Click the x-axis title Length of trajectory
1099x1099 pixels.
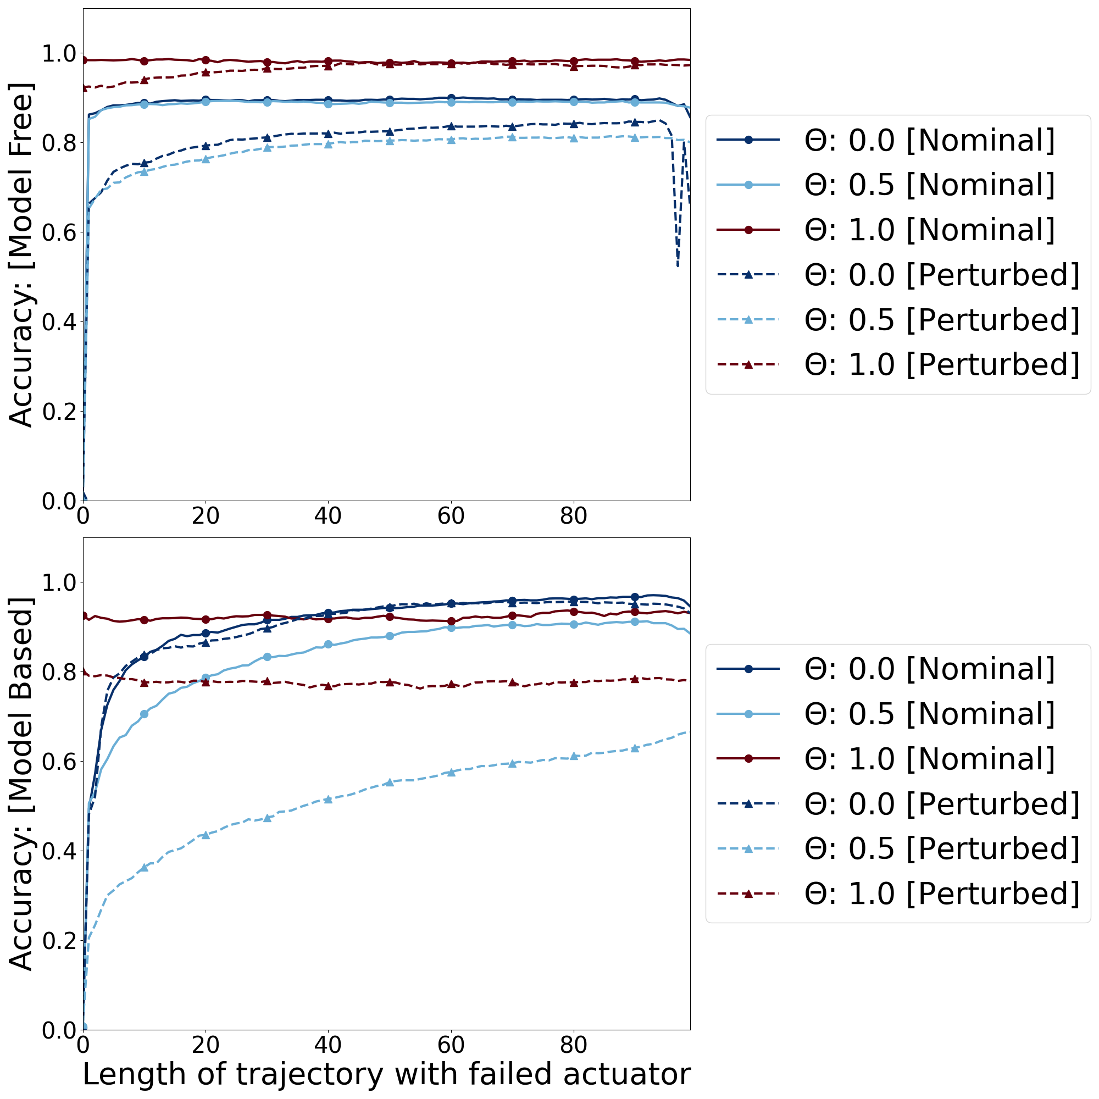[386, 1074]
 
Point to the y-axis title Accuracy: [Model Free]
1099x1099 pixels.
[21, 254]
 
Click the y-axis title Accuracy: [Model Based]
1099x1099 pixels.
[21, 784]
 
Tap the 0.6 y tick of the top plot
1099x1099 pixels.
[60, 232]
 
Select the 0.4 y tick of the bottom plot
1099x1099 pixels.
[60, 851]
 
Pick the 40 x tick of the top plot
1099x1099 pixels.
[328, 515]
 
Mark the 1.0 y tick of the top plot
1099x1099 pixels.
[60, 54]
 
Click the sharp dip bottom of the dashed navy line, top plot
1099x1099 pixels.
[678, 265]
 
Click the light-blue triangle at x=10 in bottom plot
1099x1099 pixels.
[145, 867]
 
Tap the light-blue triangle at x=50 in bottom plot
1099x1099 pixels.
[390, 782]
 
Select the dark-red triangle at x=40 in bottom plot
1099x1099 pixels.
[328, 686]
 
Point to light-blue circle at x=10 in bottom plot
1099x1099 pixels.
[145, 714]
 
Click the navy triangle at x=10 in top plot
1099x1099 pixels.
[145, 163]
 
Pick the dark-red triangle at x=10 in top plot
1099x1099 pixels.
[145, 80]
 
